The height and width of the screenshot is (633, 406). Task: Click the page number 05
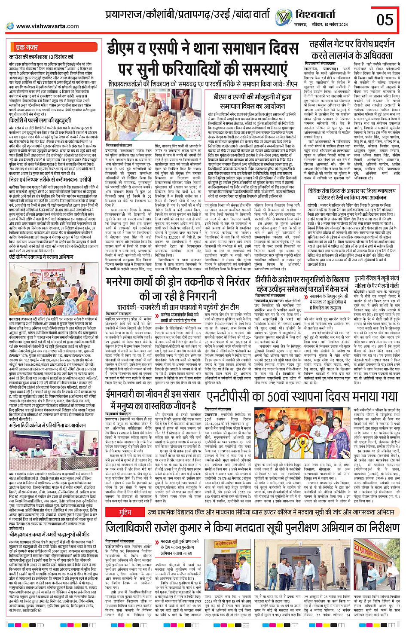click(x=385, y=19)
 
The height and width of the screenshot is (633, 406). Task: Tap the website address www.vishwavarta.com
click(x=47, y=26)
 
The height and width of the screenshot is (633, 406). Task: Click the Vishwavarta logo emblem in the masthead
click(x=284, y=17)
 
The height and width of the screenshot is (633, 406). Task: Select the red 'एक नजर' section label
click(x=27, y=47)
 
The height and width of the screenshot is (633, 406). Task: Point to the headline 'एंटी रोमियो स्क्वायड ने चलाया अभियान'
click(x=41, y=257)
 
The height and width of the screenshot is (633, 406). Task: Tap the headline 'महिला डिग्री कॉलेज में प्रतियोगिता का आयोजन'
click(x=48, y=425)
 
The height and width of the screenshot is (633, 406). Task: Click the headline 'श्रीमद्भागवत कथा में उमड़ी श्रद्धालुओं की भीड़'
click(x=49, y=534)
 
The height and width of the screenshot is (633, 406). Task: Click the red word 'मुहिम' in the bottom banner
click(x=125, y=513)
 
